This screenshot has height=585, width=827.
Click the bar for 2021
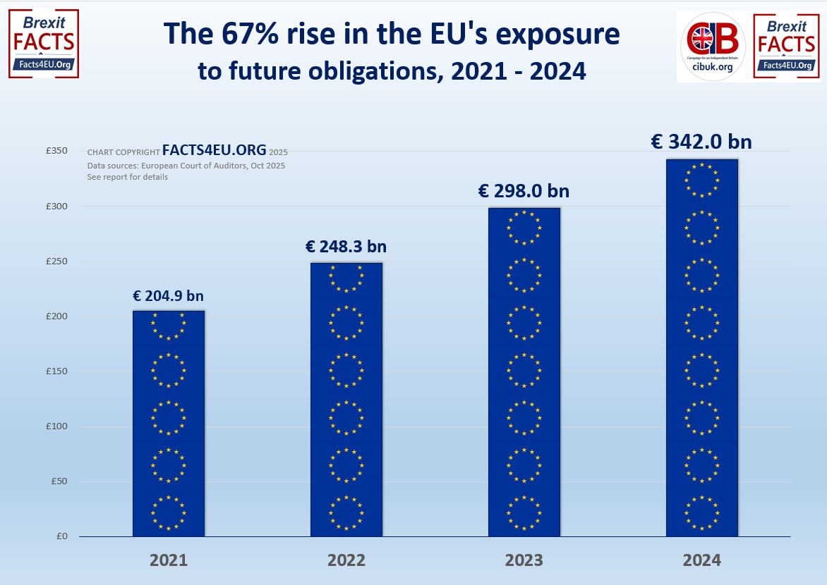[x=169, y=423]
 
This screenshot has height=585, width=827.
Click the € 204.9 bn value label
[x=169, y=296]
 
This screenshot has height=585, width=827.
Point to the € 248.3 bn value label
[x=346, y=247]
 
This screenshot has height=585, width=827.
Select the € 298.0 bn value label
[x=524, y=191]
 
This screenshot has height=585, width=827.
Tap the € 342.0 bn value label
[x=701, y=142]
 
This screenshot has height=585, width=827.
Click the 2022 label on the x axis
[x=346, y=560]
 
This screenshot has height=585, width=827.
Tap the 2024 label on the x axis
[x=702, y=560]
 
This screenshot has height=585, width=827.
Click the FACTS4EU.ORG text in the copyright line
[x=214, y=150]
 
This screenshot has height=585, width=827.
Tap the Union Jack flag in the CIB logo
[x=701, y=37]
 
